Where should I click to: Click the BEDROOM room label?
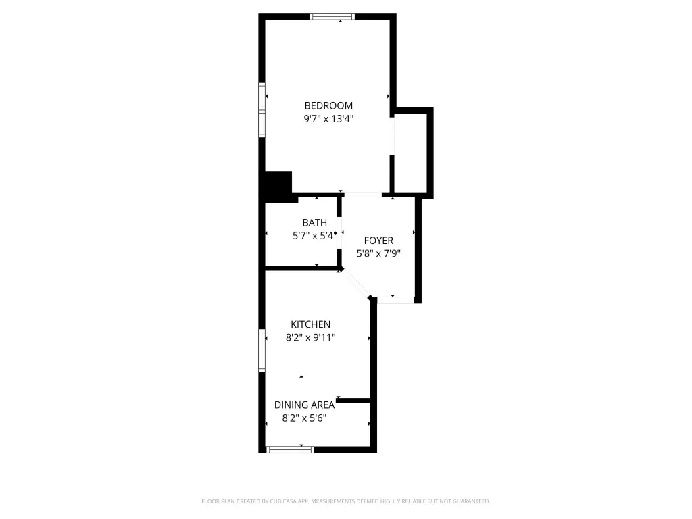pos(328,106)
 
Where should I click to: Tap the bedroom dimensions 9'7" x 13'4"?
pos(328,119)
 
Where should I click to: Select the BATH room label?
pos(315,223)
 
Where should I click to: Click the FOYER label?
pos(378,241)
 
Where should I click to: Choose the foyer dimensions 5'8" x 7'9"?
pos(378,254)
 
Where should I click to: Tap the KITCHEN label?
pos(310,324)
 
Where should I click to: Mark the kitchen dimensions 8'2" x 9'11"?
pos(310,338)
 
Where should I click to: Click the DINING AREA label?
pos(304,405)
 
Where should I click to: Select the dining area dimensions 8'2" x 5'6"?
pos(304,418)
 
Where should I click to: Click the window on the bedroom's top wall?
pos(332,17)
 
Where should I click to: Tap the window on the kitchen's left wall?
pos(262,351)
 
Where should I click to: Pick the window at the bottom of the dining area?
pos(290,449)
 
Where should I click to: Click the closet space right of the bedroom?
pos(410,153)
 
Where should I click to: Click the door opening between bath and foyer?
pos(339,232)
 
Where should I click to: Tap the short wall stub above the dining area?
pos(353,400)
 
